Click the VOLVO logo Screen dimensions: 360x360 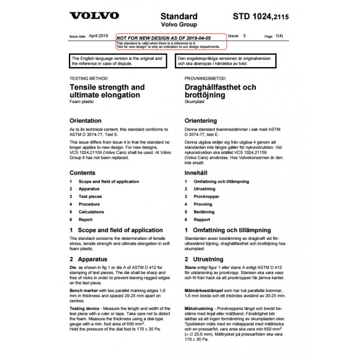click(94, 16)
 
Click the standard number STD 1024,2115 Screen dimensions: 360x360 click(261, 17)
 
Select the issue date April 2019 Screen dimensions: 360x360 click(99, 35)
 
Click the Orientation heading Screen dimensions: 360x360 click(85, 121)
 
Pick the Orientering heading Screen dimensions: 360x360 click(201, 121)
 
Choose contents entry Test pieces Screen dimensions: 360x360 click(90, 197)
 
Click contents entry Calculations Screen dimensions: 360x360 click(91, 212)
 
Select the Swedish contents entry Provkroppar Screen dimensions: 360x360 click(206, 197)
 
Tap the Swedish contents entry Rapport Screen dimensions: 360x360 click(202, 220)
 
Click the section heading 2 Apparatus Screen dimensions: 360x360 click(88, 259)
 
